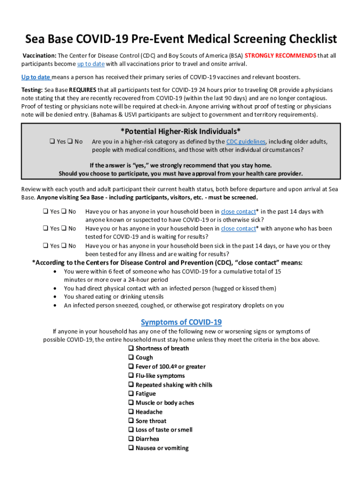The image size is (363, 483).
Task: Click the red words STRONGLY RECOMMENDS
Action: click(280, 56)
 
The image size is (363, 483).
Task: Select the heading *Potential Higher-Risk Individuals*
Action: click(181, 131)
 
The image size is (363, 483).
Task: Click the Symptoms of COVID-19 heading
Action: click(181, 322)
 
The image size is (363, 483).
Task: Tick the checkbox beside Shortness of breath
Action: click(131, 349)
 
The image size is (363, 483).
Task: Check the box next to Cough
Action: click(131, 358)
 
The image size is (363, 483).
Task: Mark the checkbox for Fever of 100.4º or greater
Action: click(131, 366)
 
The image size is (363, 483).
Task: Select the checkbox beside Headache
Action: click(131, 412)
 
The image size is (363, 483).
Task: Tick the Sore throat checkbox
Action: click(131, 421)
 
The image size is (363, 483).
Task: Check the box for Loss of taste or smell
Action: click(131, 430)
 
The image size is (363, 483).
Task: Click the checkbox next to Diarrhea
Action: click(131, 439)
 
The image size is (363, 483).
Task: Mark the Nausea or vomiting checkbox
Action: click(131, 448)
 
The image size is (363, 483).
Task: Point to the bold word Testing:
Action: click(32, 90)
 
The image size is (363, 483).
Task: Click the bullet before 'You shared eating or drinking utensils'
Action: click(57, 297)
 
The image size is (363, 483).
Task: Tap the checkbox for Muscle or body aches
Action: click(131, 403)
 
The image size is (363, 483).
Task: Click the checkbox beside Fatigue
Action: click(131, 394)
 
